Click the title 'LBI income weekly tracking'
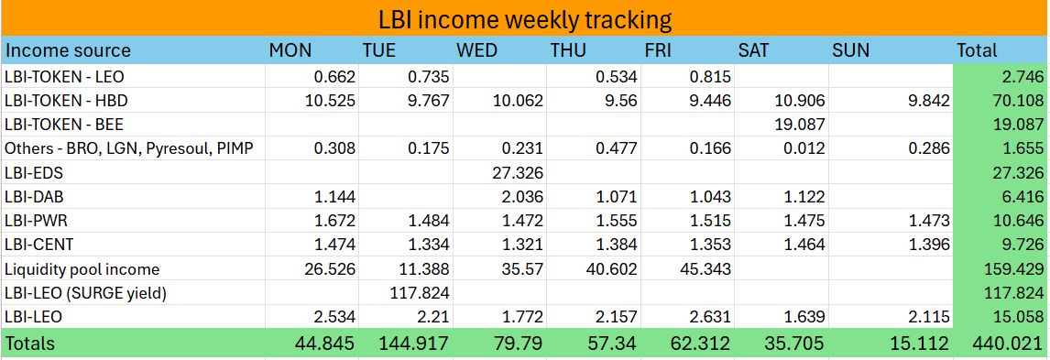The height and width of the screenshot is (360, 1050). coord(525,19)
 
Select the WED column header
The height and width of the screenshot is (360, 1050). coord(477,50)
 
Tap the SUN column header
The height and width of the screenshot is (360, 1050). coord(850,50)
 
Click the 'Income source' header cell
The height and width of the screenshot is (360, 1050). coord(69,50)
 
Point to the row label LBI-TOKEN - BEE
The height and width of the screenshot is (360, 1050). coord(65,124)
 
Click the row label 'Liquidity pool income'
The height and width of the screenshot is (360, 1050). coord(82,269)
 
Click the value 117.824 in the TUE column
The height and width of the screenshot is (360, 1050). coord(418,293)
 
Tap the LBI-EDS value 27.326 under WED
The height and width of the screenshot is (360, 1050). coord(513,172)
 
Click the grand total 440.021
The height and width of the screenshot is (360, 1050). coord(1009,344)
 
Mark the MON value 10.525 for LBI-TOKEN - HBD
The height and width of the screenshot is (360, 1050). coord(324,100)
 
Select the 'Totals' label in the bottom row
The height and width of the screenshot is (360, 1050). coord(30,344)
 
